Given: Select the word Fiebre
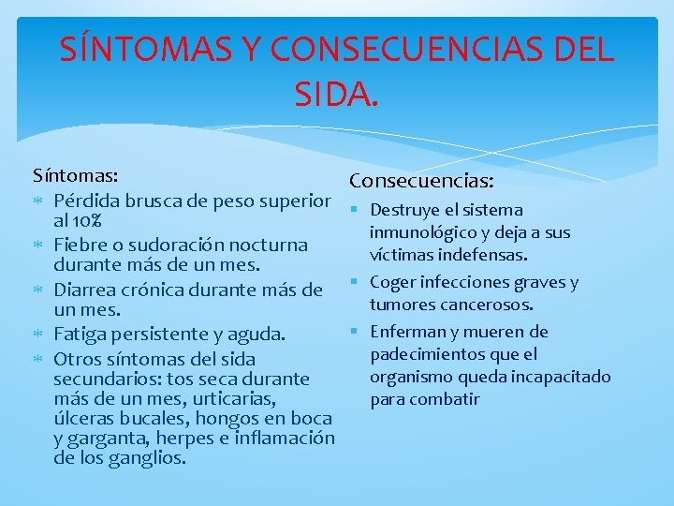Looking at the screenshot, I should pos(79,245).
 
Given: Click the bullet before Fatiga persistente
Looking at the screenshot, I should pos(39,334).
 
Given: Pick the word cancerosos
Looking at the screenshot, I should pos(492,305).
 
